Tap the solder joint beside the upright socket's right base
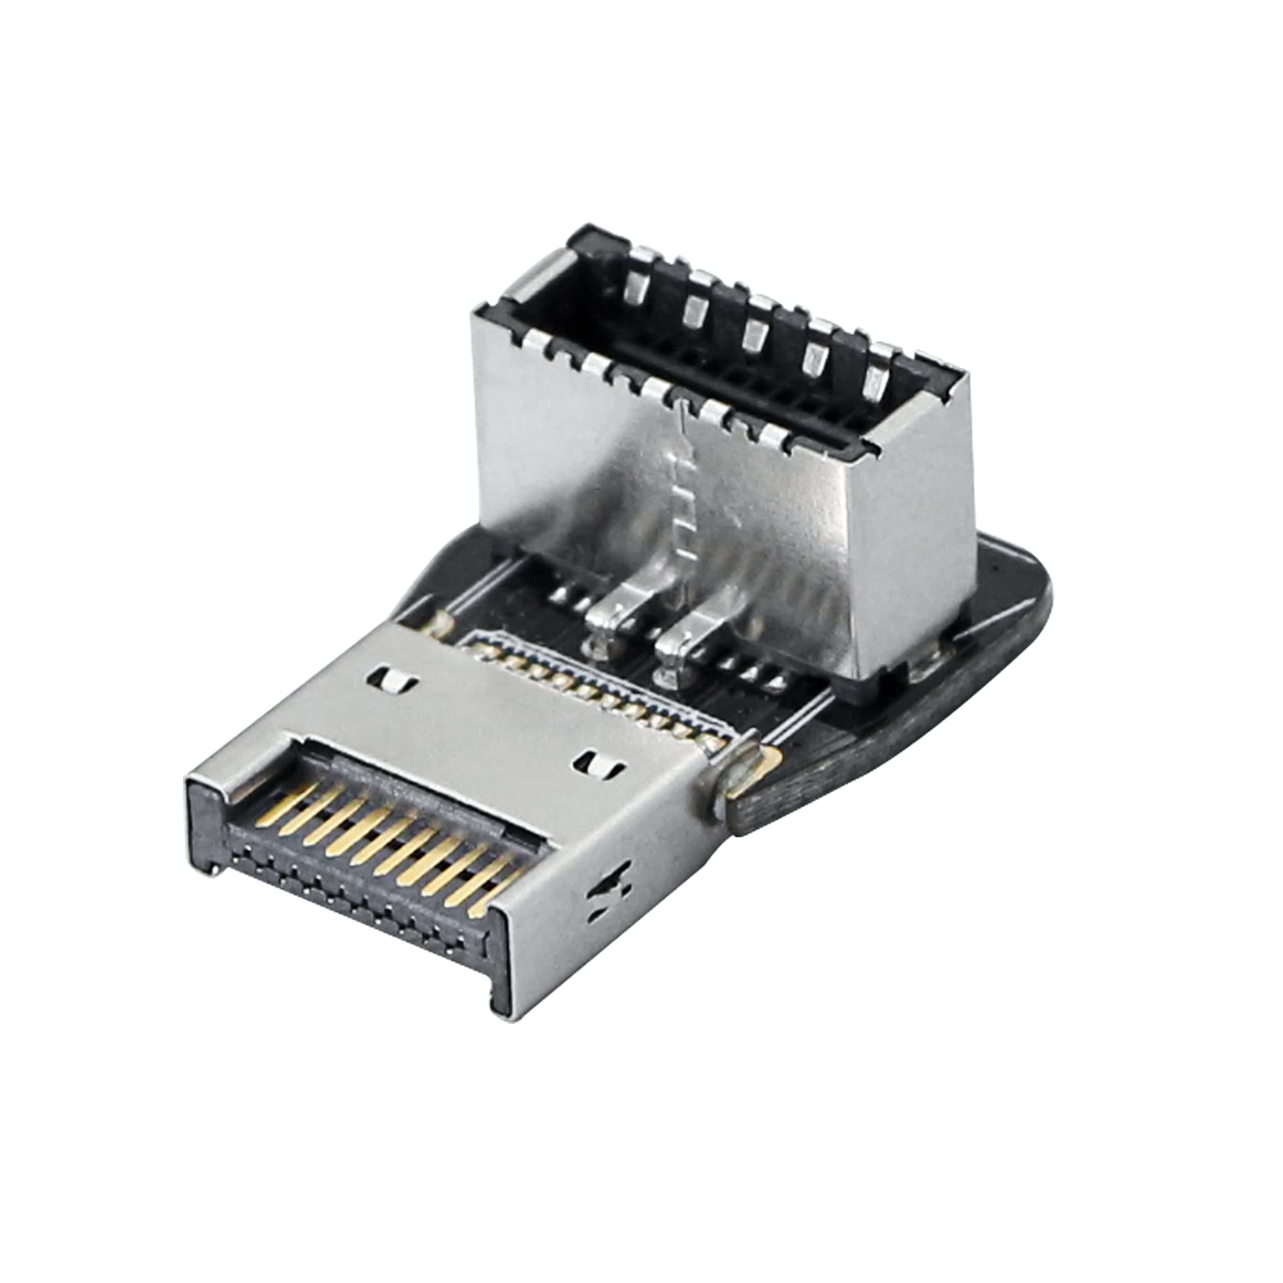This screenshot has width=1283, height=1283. coord(926,671)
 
